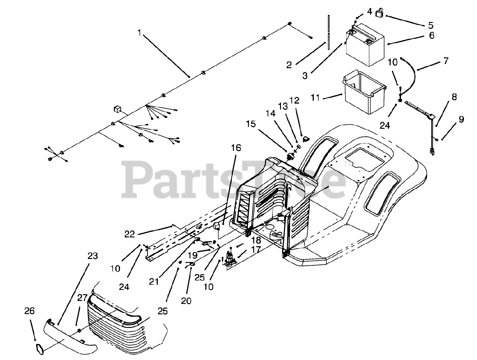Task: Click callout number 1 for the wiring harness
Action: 139,33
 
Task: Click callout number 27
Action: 82,298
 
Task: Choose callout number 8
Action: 454,97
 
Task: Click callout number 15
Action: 251,123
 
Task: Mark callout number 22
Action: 130,234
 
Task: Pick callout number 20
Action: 186,300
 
